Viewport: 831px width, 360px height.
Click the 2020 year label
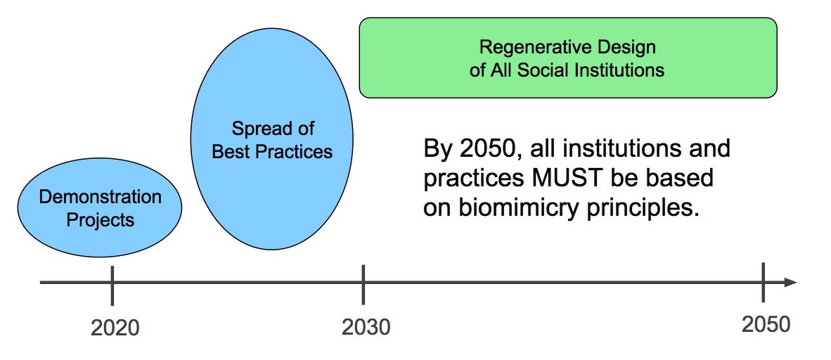tap(115, 328)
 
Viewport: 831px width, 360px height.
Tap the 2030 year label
tap(366, 328)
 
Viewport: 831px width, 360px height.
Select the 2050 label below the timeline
tap(766, 324)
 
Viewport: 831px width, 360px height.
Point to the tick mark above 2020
tap(112, 285)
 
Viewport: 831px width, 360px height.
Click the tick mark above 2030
tap(363, 285)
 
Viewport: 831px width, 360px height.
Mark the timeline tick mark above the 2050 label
tap(764, 281)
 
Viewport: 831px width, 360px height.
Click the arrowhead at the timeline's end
tap(790, 282)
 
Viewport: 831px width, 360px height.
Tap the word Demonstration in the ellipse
tap(100, 198)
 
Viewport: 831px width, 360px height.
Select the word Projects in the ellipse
tap(100, 219)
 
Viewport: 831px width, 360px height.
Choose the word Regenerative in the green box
tap(532, 48)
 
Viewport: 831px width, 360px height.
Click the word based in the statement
tap(683, 179)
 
